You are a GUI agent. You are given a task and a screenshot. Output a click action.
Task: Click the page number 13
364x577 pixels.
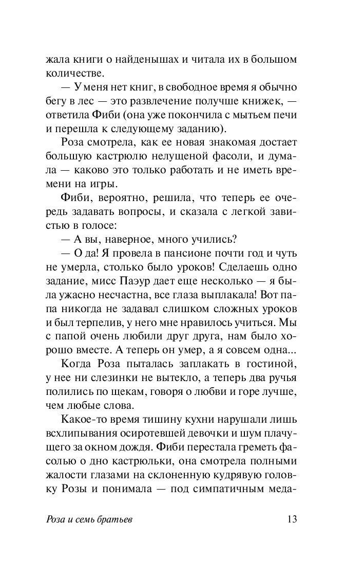[291, 519]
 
